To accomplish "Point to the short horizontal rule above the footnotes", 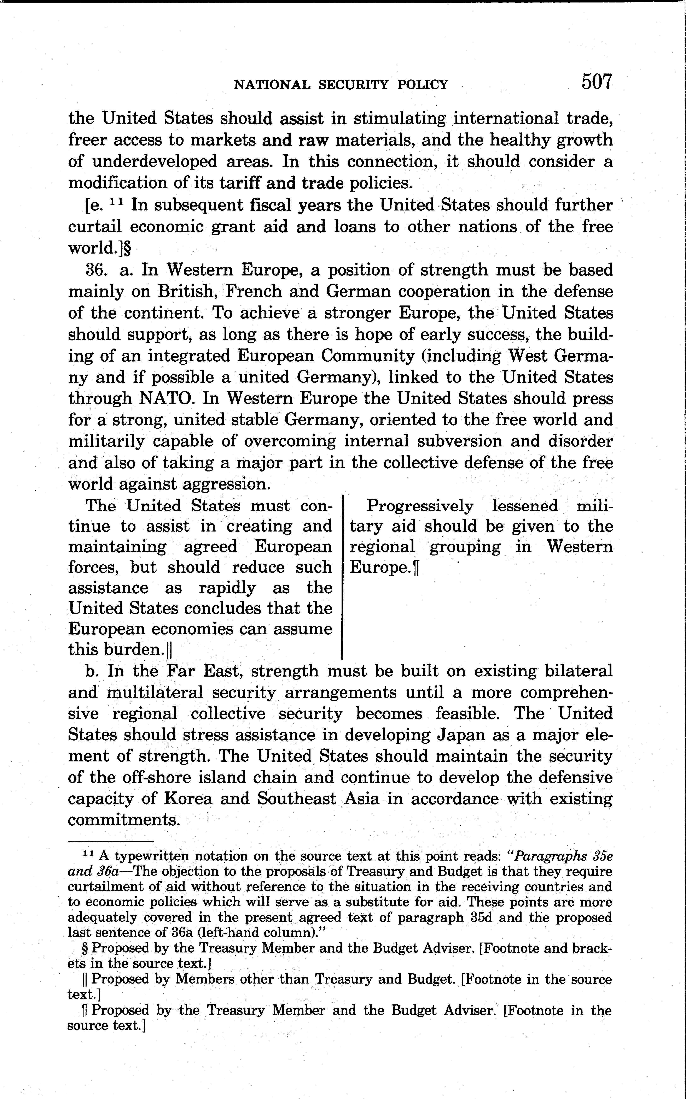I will [x=111, y=842].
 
